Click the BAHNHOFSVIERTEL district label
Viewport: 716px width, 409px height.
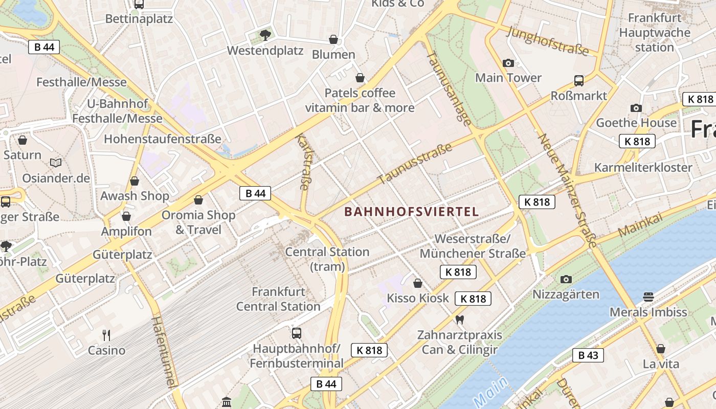click(412, 212)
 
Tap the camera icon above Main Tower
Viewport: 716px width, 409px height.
click(508, 63)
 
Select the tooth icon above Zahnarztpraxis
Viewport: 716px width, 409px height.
click(459, 320)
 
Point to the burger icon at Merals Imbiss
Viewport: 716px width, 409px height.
click(648, 297)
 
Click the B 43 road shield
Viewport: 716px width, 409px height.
click(588, 355)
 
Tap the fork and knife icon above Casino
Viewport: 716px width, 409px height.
click(106, 335)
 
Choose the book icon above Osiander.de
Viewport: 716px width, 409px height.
click(56, 163)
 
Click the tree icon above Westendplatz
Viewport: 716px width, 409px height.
click(265, 35)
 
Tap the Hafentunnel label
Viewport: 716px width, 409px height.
click(164, 352)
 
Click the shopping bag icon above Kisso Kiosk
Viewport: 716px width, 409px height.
click(418, 283)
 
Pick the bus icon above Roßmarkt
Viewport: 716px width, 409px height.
click(579, 81)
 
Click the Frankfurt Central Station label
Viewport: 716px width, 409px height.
click(278, 299)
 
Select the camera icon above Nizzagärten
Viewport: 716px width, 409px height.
click(566, 279)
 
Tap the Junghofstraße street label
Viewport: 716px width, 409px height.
click(548, 40)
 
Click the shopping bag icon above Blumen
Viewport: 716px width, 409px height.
click(333, 39)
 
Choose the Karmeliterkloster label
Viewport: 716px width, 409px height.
click(643, 168)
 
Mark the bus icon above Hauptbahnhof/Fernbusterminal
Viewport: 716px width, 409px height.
click(296, 333)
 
